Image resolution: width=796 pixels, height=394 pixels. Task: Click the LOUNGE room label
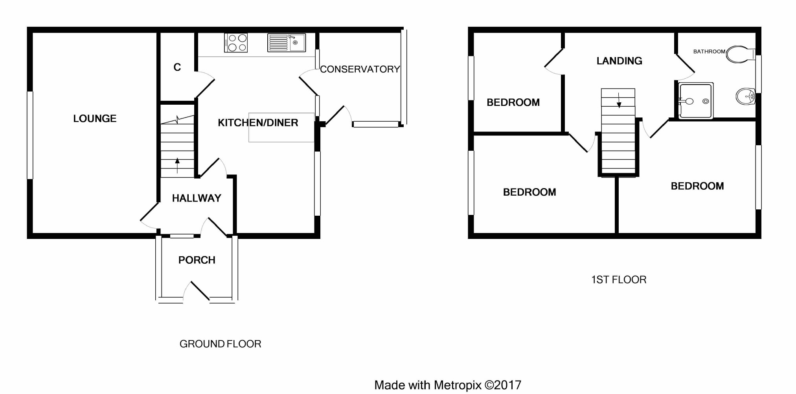(x=95, y=118)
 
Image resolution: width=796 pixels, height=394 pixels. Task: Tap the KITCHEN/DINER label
(x=258, y=123)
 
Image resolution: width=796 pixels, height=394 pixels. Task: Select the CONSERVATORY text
(x=360, y=69)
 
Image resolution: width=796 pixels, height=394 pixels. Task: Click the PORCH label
(x=197, y=260)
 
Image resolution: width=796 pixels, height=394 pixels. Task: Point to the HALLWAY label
(x=197, y=198)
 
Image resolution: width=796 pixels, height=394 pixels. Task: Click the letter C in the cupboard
(x=177, y=67)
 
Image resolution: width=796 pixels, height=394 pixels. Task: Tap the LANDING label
(x=619, y=61)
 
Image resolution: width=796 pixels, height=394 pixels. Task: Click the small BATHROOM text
(x=709, y=52)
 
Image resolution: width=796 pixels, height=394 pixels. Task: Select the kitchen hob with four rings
(x=236, y=43)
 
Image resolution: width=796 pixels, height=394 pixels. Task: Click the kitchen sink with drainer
(x=287, y=43)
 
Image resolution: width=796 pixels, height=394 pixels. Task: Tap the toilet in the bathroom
(x=739, y=54)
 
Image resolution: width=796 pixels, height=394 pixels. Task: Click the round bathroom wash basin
(x=745, y=96)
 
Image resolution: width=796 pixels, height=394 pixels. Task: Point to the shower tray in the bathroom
(x=696, y=101)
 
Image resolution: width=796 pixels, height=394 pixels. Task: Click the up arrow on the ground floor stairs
(x=177, y=165)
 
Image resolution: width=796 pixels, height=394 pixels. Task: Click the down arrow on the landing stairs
(x=619, y=100)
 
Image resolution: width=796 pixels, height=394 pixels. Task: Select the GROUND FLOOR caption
(x=220, y=344)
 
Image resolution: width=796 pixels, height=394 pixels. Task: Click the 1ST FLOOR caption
(x=619, y=280)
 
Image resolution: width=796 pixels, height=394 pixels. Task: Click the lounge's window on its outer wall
(x=30, y=135)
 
